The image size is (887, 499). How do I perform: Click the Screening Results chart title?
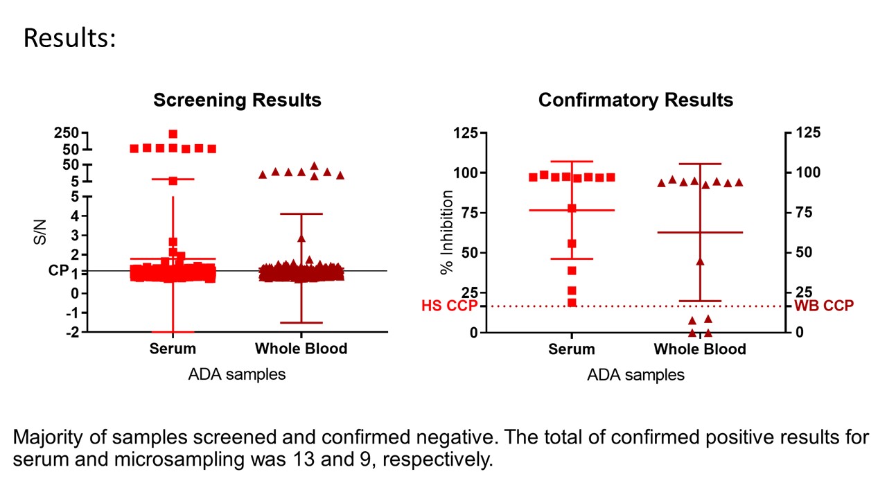237,100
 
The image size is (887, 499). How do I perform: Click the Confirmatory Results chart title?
635,100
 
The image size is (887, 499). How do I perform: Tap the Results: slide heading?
69,39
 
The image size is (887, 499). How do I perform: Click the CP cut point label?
58,271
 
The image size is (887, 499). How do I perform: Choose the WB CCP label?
824,305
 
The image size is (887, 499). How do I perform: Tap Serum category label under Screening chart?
173,349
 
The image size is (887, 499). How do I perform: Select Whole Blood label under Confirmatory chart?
700,349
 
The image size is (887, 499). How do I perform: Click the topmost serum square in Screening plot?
173,134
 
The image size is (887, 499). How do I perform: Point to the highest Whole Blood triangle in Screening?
314,166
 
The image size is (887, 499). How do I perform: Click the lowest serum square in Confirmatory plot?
572,302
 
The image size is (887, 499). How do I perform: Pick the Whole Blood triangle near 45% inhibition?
700,261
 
